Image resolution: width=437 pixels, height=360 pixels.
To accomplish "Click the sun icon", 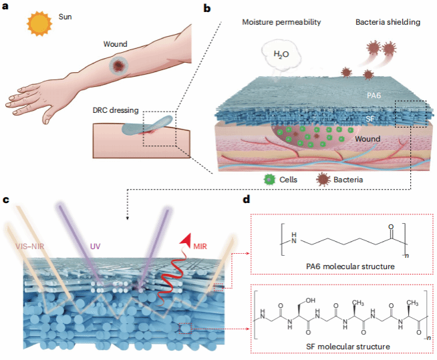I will click(x=39, y=25).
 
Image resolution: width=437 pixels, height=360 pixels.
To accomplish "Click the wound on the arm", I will click(x=119, y=65).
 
